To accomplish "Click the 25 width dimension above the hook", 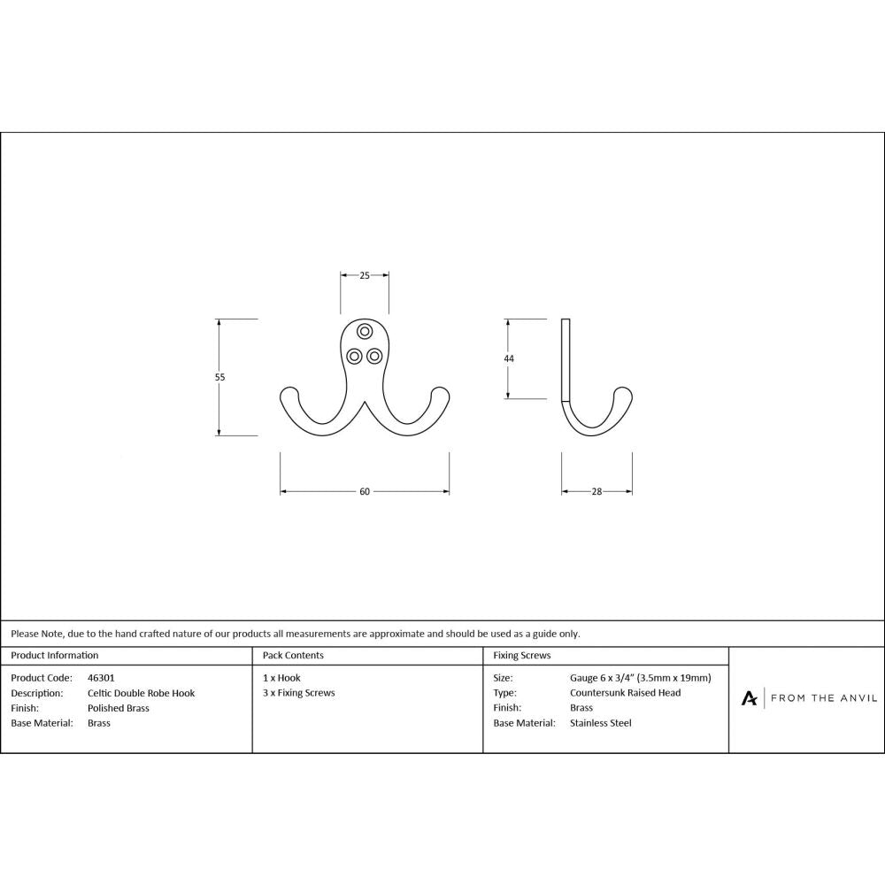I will tap(365, 276).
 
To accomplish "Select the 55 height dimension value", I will tap(220, 377).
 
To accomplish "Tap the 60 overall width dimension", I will tap(365, 492).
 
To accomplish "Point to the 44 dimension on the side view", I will tap(509, 358).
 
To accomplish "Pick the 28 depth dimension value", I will tap(596, 492).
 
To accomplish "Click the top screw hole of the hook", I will tap(365, 332).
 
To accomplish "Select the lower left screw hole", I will tap(354, 356).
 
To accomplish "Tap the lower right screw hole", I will tap(374, 356).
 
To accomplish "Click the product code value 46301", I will tap(102, 678).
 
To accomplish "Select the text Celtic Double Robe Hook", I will tap(141, 693).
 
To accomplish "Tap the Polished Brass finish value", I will tap(119, 708).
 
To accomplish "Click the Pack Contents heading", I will tap(293, 656).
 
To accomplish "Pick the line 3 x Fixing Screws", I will tap(299, 693).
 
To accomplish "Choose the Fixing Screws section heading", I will tap(522, 656).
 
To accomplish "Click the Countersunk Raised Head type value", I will tap(625, 693).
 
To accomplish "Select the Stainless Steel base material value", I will tap(601, 723).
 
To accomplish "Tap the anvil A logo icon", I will tap(749, 698).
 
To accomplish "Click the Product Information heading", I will tap(55, 656).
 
